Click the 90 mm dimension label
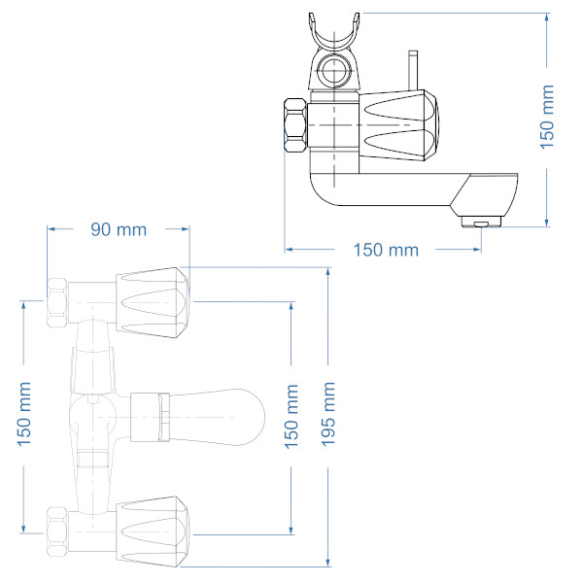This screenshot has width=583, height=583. (x=119, y=230)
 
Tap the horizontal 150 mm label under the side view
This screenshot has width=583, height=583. (x=385, y=250)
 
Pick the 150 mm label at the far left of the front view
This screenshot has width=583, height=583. (x=25, y=416)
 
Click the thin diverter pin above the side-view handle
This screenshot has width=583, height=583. (x=411, y=69)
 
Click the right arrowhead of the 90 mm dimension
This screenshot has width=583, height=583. (x=185, y=230)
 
